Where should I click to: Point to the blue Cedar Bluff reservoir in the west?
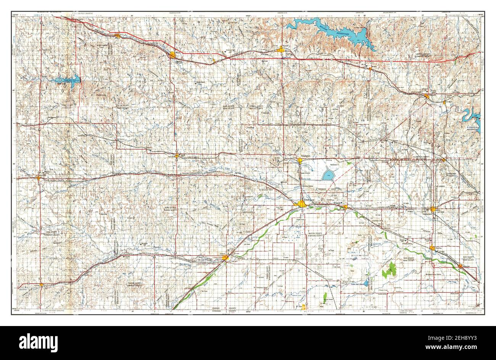67,80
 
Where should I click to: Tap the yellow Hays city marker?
172,55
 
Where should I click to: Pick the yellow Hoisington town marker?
300,161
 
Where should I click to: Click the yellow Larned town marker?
225,258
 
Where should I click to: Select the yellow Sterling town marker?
432,249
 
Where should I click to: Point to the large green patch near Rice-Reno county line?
390,270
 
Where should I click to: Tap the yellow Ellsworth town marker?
427,96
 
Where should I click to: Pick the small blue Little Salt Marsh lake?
366,283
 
